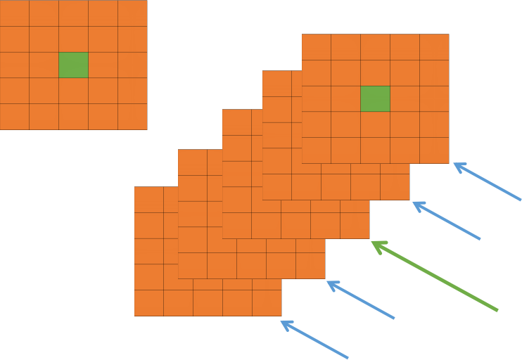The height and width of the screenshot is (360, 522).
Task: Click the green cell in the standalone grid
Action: tap(73, 65)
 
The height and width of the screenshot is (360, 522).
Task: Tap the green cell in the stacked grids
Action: tap(375, 98)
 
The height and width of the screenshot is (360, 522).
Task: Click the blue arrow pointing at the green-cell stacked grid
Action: tap(487, 181)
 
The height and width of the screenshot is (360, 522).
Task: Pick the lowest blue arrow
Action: tap(314, 340)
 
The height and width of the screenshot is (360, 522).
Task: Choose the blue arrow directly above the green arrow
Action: tap(446, 221)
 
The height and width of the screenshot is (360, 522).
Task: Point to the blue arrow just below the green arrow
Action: tap(360, 300)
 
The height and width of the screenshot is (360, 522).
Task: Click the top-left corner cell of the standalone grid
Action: tap(14, 13)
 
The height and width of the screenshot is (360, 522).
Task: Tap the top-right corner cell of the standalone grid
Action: tap(132, 13)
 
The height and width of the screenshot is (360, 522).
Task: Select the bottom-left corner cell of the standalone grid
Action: tap(14, 117)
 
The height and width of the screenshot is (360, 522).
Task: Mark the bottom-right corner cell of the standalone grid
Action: tap(132, 117)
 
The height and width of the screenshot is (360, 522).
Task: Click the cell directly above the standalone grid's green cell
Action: tap(73, 39)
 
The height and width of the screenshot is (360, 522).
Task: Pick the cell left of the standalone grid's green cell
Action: tap(44, 65)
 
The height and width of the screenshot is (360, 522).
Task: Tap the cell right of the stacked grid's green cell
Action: tap(405, 98)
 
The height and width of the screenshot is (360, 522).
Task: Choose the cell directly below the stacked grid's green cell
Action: tap(375, 124)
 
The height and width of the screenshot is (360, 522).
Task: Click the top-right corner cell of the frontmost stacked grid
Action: tap(434, 47)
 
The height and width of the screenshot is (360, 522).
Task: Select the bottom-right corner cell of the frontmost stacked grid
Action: tap(434, 150)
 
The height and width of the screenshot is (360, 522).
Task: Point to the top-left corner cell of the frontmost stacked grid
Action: tap(317, 47)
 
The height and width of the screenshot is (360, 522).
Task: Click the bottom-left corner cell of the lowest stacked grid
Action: tap(149, 303)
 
